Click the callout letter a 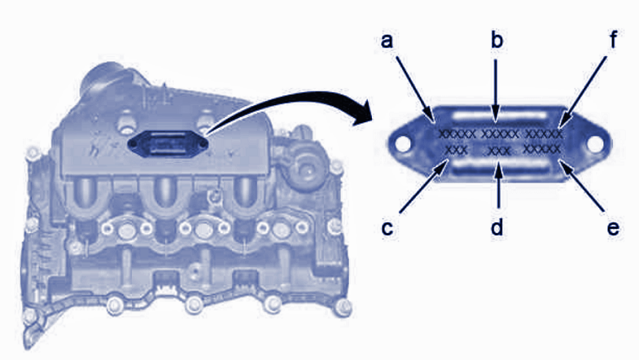point(387,42)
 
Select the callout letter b point(497,41)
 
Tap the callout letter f point(613,39)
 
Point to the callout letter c point(387,229)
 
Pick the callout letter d point(497,226)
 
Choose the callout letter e point(613,229)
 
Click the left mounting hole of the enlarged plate point(403,144)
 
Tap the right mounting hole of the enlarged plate point(594,143)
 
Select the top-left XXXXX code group point(457,134)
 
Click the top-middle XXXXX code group point(500,134)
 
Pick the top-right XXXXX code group point(544,134)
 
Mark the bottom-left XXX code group point(457,150)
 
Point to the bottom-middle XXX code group point(499,151)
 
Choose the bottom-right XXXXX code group point(542,149)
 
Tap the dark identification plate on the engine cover point(168,144)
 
